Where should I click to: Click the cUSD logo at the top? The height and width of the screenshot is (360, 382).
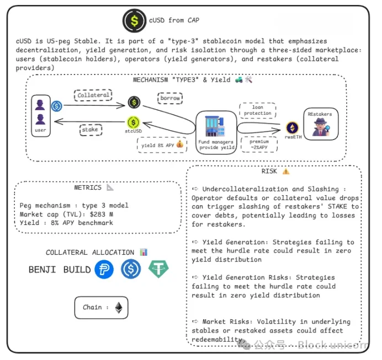(134, 20)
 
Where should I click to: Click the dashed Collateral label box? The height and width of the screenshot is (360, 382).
(93, 95)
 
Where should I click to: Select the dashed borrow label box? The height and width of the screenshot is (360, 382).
(171, 98)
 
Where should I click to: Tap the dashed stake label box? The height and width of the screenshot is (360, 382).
(90, 130)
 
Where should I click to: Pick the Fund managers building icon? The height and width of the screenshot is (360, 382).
(215, 126)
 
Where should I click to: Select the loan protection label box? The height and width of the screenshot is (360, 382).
(258, 110)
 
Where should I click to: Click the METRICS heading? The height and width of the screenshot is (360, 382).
(87, 187)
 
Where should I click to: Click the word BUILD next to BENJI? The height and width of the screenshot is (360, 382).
(77, 270)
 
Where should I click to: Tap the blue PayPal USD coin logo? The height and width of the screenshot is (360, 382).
(104, 270)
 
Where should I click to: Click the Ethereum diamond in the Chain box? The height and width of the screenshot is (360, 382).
(119, 308)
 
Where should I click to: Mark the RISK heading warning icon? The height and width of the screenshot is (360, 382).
(285, 171)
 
